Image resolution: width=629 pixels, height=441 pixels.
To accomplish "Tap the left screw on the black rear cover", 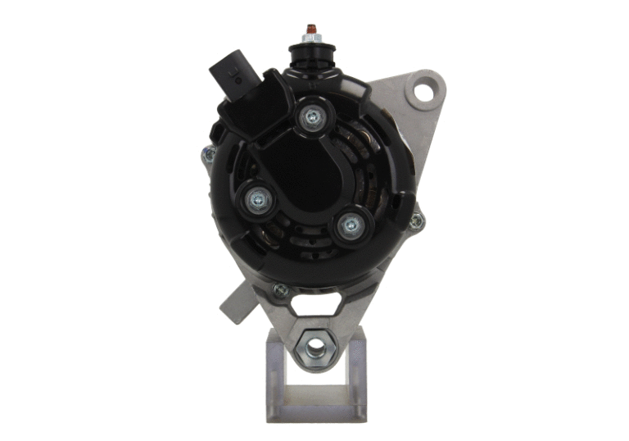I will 256,198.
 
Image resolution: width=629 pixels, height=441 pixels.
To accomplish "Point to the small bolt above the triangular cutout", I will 281,289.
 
